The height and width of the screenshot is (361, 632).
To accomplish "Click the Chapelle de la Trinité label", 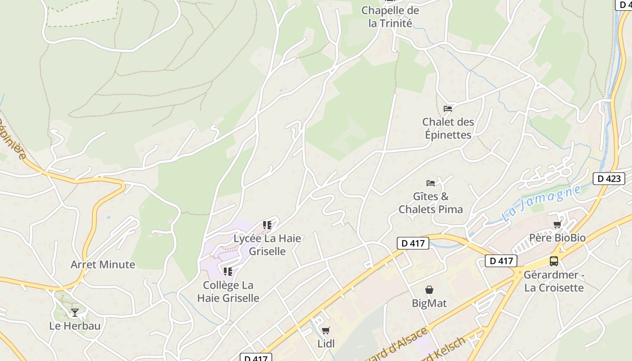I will [x=390, y=17].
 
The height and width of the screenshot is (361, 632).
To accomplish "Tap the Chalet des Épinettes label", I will [x=448, y=128].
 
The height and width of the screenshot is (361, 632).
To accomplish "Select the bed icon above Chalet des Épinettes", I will [x=448, y=108].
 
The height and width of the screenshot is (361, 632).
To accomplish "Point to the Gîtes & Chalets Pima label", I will [x=431, y=203].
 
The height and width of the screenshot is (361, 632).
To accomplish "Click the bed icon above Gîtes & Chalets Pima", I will [x=431, y=183].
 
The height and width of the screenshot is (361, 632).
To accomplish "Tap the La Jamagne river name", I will [x=541, y=204].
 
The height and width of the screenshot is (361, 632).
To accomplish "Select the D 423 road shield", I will [x=609, y=178].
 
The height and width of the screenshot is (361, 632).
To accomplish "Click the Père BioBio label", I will [x=557, y=238].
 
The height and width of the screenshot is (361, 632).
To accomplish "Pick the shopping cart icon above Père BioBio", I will [x=558, y=224].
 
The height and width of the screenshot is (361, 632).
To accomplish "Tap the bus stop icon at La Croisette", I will [x=554, y=261].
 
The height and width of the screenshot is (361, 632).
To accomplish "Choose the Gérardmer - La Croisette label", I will [x=554, y=281].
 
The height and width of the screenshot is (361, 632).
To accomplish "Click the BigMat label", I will [x=429, y=303].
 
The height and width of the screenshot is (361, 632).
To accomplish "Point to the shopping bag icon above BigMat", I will [x=429, y=289].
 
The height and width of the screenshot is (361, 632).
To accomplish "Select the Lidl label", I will [x=326, y=344].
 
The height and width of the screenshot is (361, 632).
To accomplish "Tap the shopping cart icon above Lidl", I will [x=326, y=330].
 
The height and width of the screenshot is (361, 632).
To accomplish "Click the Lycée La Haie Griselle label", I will [x=267, y=245].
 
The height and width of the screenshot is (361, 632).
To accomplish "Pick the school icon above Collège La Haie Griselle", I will [x=228, y=271].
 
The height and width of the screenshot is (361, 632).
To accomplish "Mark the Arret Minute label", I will [x=102, y=264].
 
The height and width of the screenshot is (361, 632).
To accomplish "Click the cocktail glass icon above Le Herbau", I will [x=75, y=312].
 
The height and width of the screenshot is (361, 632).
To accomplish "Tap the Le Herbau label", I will [x=75, y=326].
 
